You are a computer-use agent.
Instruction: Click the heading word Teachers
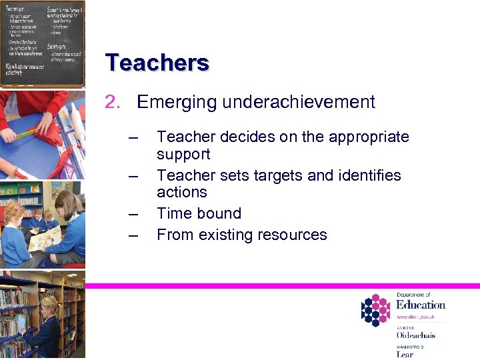157,63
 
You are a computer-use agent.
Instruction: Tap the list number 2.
112,102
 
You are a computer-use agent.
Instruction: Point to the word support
183,155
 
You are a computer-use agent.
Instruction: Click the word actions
181,193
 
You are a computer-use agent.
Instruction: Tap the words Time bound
199,214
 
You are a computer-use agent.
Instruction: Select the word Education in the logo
421,305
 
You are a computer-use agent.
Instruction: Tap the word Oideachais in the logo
416,335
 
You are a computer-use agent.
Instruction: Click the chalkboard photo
43,43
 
